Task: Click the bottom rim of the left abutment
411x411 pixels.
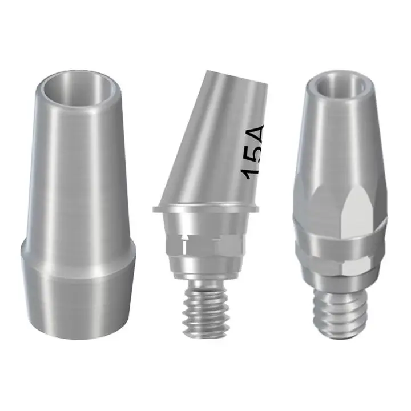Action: (x=78, y=336)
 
